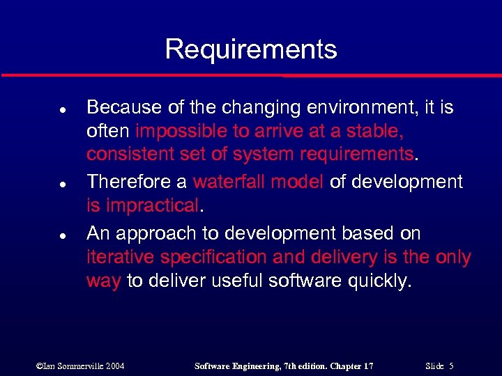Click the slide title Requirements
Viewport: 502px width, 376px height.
click(x=251, y=49)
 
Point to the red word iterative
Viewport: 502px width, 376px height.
click(x=119, y=257)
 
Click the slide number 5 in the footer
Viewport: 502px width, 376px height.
click(x=452, y=366)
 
